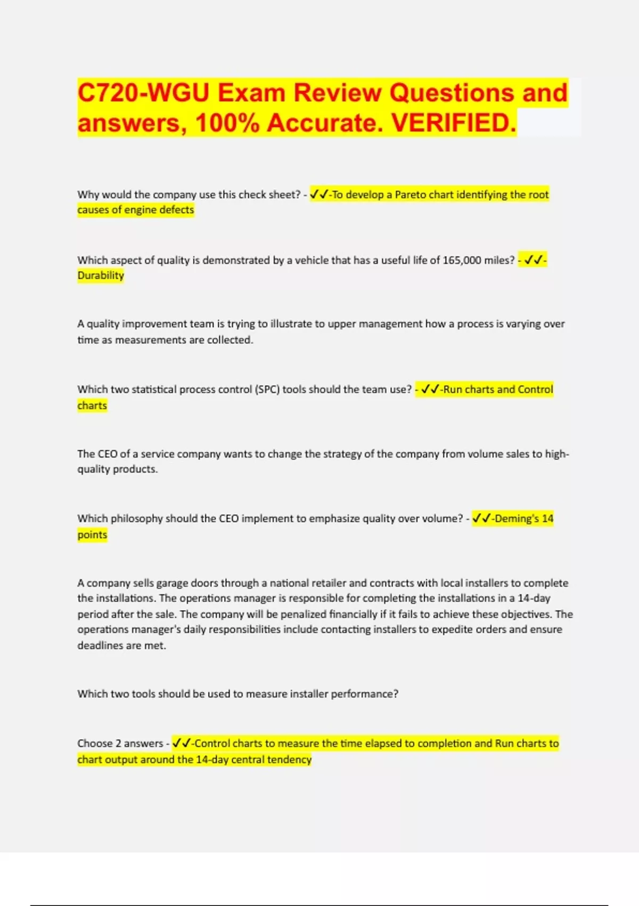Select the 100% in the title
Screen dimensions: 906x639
coord(227,123)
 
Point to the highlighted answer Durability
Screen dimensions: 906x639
coord(101,276)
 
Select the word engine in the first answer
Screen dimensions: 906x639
coord(140,210)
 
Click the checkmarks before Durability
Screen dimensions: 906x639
coord(534,260)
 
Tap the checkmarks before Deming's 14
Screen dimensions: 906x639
coord(481,519)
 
